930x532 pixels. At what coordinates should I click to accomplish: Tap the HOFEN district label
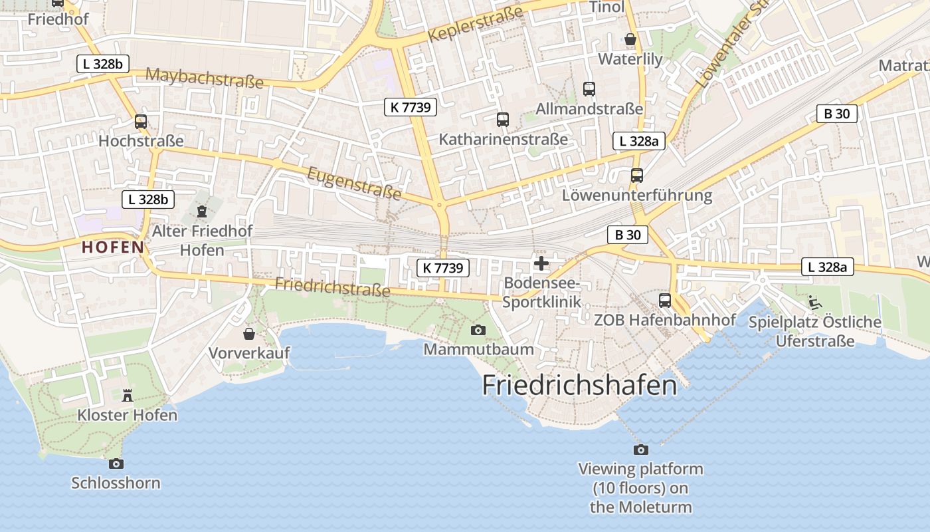click(112, 247)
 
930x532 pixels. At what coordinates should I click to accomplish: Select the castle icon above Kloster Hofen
click(128, 396)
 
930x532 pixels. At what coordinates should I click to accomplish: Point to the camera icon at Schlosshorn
click(116, 464)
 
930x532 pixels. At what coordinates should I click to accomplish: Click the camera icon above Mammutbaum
click(478, 330)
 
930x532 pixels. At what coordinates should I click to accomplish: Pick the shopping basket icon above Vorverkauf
click(249, 333)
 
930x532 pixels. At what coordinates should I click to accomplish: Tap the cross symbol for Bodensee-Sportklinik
click(541, 263)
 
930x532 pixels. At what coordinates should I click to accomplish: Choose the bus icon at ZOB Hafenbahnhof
click(665, 300)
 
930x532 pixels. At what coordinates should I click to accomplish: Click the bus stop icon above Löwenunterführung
click(637, 176)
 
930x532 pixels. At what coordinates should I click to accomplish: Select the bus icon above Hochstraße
click(141, 122)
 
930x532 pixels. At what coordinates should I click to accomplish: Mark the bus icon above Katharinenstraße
click(503, 120)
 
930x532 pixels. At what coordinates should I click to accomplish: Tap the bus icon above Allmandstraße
click(589, 88)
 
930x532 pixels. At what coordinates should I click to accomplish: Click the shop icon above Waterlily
click(630, 40)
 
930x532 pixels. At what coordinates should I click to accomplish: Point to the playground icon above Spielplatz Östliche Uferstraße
click(814, 303)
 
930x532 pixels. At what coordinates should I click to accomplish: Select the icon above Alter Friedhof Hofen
click(202, 211)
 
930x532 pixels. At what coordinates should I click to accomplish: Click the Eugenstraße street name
click(355, 184)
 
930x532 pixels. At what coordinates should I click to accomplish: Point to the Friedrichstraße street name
click(332, 287)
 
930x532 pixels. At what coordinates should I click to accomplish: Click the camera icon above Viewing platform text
click(641, 450)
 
